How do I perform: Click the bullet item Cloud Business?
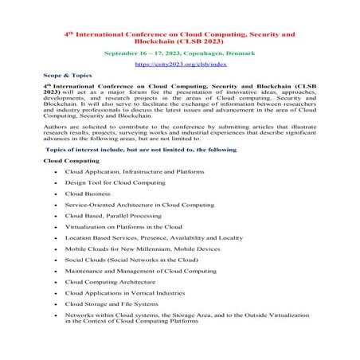point(88,194)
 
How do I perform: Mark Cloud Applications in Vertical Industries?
point(124,292)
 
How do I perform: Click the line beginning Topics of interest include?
point(141,149)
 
